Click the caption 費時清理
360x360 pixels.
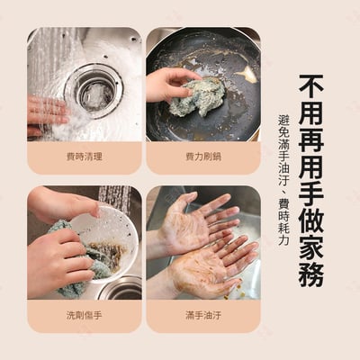84,157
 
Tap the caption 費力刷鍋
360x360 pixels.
202,157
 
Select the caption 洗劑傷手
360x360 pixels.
84,316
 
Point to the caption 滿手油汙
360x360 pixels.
202,316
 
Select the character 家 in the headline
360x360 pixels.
311,239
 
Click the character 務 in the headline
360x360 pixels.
311,274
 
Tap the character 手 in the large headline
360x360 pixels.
311,173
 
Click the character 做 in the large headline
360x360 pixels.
311,206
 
